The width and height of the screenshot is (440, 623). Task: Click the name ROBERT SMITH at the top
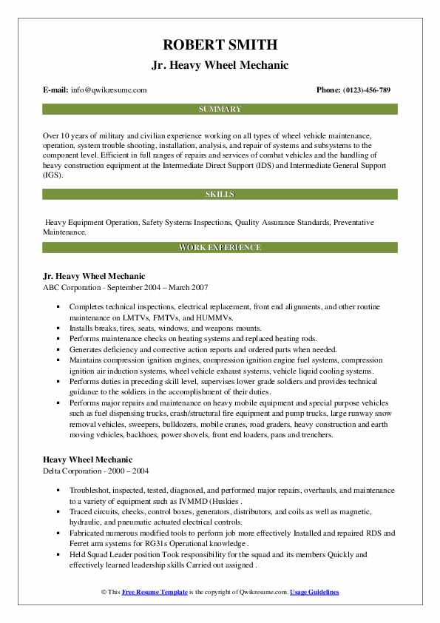coord(220,44)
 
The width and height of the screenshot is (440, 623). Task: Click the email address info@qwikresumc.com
coord(109,90)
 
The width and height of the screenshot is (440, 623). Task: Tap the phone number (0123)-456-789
coord(364,90)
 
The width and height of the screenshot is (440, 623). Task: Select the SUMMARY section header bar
coord(220,109)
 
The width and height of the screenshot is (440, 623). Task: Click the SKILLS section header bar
coord(220,195)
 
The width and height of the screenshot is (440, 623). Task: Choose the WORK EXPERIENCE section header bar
coord(220,247)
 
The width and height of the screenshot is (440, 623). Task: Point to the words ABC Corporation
coord(74,286)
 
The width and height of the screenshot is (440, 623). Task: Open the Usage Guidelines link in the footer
coord(314,593)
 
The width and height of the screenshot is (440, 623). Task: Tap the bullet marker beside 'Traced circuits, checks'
coord(58,511)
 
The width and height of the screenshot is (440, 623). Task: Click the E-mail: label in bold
coord(56,90)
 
